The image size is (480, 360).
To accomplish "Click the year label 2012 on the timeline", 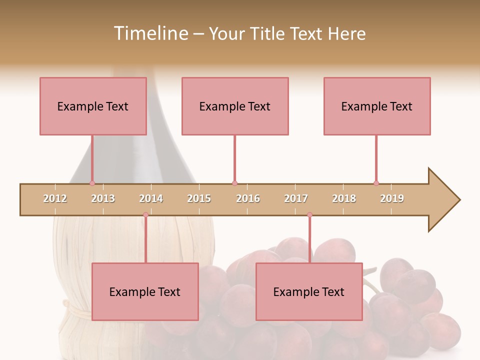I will point(55,198).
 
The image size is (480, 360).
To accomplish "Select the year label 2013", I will point(103,198).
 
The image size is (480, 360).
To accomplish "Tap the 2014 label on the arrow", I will point(151,198).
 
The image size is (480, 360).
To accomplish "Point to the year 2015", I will point(199,198).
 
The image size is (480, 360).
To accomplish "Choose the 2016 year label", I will point(248,198).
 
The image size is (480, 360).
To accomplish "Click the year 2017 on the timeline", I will point(296,198).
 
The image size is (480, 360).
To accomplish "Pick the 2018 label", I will point(344,198).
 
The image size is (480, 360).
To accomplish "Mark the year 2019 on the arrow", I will point(392,198).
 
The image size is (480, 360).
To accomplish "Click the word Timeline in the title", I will point(150,33).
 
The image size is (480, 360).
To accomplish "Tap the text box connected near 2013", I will point(93,106).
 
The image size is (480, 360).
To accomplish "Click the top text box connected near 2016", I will point(235,106).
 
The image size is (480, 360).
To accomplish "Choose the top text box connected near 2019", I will point(377,106).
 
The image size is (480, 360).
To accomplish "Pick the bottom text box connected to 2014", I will point(145,291).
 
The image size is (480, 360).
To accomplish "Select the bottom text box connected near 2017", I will point(309,291).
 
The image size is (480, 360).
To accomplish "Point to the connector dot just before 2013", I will point(92,183).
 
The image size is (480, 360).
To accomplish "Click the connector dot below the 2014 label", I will point(145,215).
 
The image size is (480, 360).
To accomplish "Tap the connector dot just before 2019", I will point(376,183).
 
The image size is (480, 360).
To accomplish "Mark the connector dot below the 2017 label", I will point(309,215).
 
